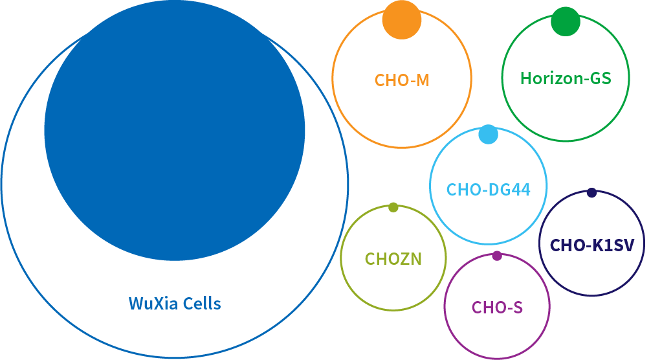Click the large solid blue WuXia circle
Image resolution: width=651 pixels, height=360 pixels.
tap(175, 129)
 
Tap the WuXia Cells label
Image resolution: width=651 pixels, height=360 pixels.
tap(175, 303)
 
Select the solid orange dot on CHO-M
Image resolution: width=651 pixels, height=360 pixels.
tap(402, 19)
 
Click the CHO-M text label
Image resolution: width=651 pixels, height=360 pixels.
tap(402, 80)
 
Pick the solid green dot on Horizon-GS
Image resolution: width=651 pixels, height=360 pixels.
tap(565, 21)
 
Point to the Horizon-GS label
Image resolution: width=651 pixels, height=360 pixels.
tap(566, 78)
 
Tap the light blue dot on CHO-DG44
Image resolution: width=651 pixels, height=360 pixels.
tap(488, 135)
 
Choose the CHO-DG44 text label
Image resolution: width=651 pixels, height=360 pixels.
tap(488, 190)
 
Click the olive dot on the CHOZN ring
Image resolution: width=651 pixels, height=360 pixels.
tap(393, 207)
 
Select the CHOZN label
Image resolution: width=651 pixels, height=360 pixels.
tap(393, 260)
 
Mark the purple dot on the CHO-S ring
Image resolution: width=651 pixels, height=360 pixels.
tap(497, 256)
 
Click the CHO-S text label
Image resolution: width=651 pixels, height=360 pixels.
tap(497, 308)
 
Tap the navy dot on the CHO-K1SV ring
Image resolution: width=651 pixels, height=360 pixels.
tap(591, 192)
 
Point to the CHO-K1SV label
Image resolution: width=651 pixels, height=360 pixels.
tap(592, 245)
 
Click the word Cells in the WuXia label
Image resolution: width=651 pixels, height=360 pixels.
tap(199, 303)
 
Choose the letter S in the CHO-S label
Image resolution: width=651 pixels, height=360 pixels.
tap(516, 308)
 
